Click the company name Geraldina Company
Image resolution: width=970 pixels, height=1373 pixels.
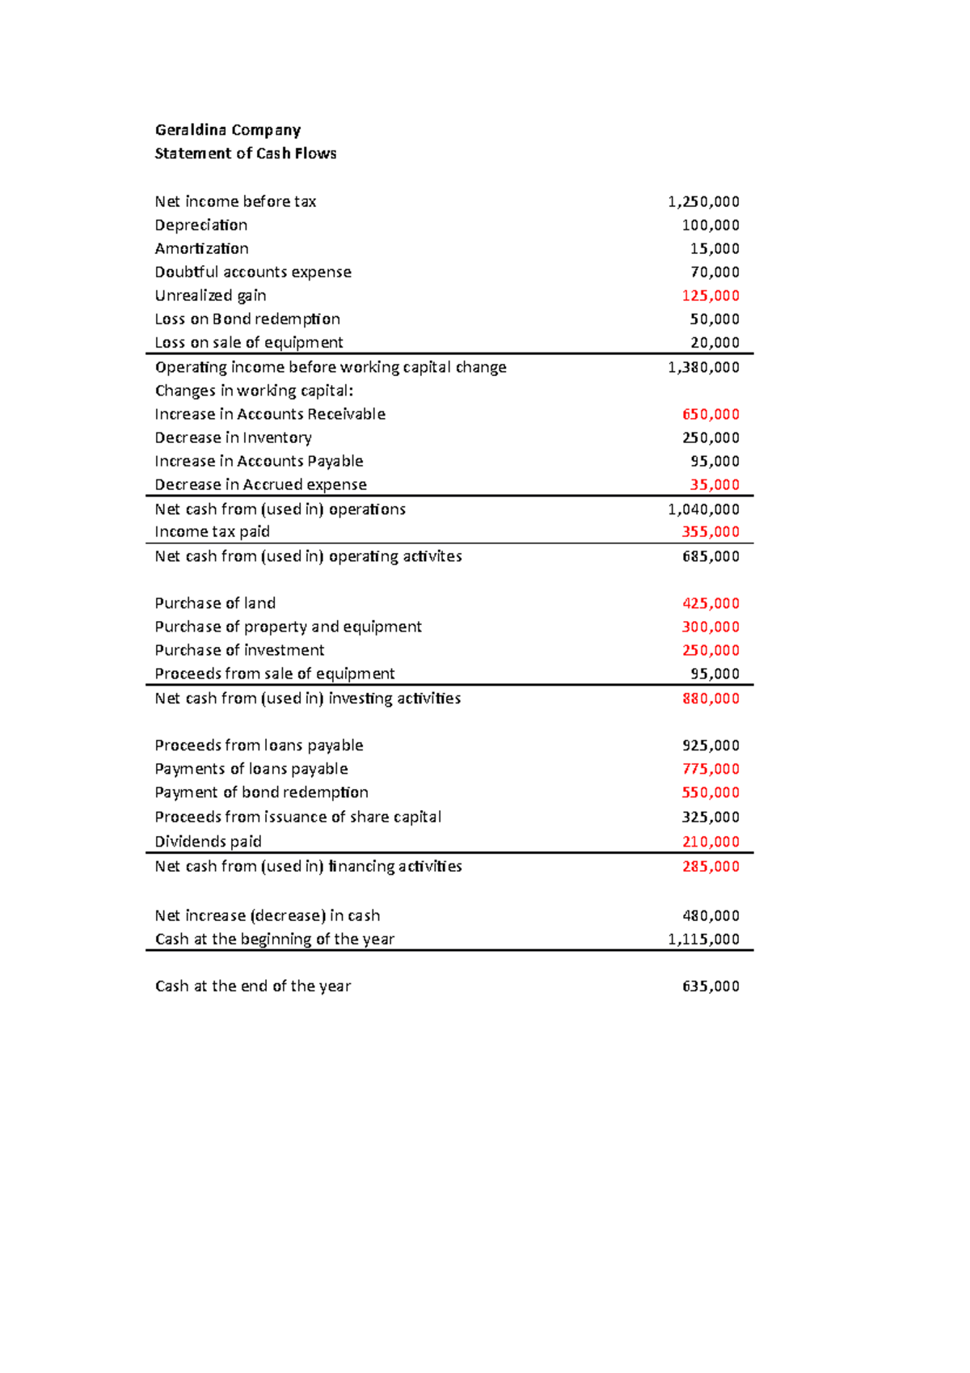coord(227,130)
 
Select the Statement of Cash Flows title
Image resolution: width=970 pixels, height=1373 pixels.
coord(245,154)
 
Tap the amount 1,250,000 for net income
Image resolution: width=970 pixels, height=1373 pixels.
coord(703,201)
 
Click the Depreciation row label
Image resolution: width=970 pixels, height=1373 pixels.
coord(200,225)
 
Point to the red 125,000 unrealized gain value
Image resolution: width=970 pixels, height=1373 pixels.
coord(711,295)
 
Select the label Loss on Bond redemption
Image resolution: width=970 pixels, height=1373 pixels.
coord(247,319)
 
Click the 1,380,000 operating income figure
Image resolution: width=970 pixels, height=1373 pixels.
coord(703,367)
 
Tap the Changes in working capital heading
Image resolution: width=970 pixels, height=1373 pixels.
coord(254,391)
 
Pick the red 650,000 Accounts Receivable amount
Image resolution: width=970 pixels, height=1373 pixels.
coord(711,414)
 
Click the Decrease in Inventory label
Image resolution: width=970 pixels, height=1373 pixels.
coord(233,437)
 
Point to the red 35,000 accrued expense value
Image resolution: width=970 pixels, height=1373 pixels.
coord(715,484)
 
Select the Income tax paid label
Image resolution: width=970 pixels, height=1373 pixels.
coord(212,531)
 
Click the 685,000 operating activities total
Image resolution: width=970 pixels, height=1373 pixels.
coord(711,556)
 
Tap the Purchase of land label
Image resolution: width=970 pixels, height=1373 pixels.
coord(215,603)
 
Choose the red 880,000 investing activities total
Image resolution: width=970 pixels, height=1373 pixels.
coord(711,698)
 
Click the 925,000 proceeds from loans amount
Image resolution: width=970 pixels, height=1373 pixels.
coord(711,746)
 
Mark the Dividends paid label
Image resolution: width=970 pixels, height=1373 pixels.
coord(208,842)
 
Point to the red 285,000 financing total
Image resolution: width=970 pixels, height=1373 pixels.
coord(711,866)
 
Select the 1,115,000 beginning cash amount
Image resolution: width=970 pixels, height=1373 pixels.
coord(703,939)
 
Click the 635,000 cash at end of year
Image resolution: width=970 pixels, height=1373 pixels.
coord(711,986)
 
